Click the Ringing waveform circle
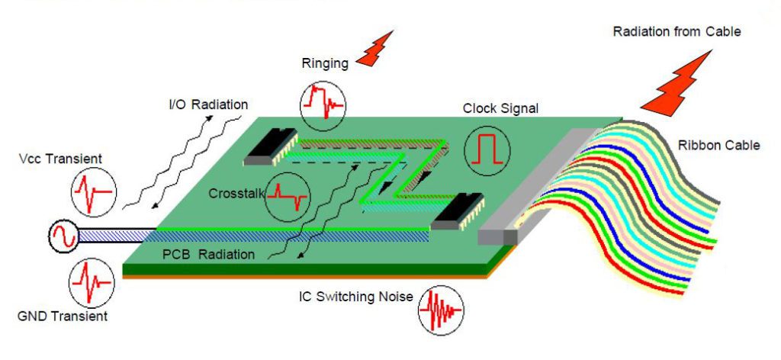point(323,105)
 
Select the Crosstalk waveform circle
point(288,196)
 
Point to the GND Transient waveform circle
point(94,283)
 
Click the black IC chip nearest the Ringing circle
point(271,147)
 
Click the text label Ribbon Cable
point(718,145)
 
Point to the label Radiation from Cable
point(677,32)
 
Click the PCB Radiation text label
point(207,255)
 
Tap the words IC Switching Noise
point(354,296)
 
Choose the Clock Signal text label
point(500,108)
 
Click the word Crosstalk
point(236,194)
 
